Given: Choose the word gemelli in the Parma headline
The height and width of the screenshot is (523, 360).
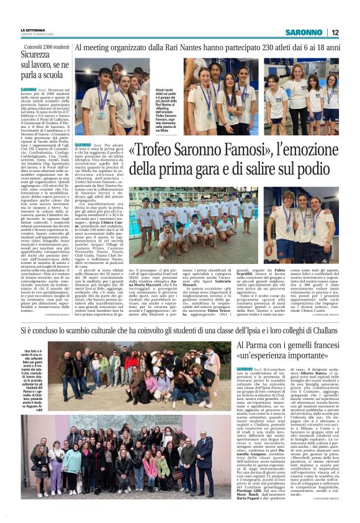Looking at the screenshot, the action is pos(293,346).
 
